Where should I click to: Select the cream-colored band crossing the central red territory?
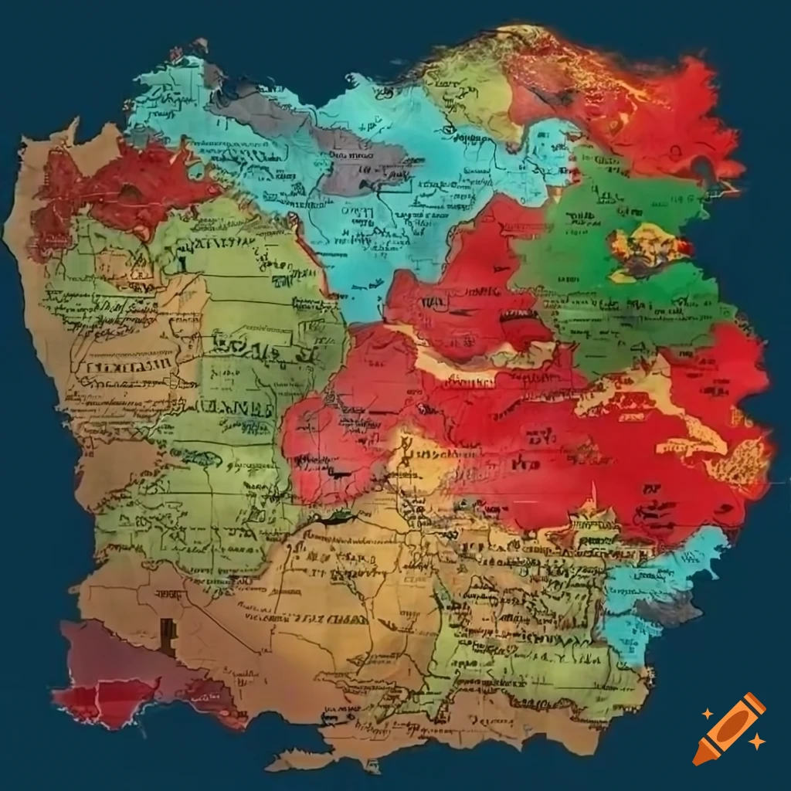coord(463,371)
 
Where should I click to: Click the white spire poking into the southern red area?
coord(593,494)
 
